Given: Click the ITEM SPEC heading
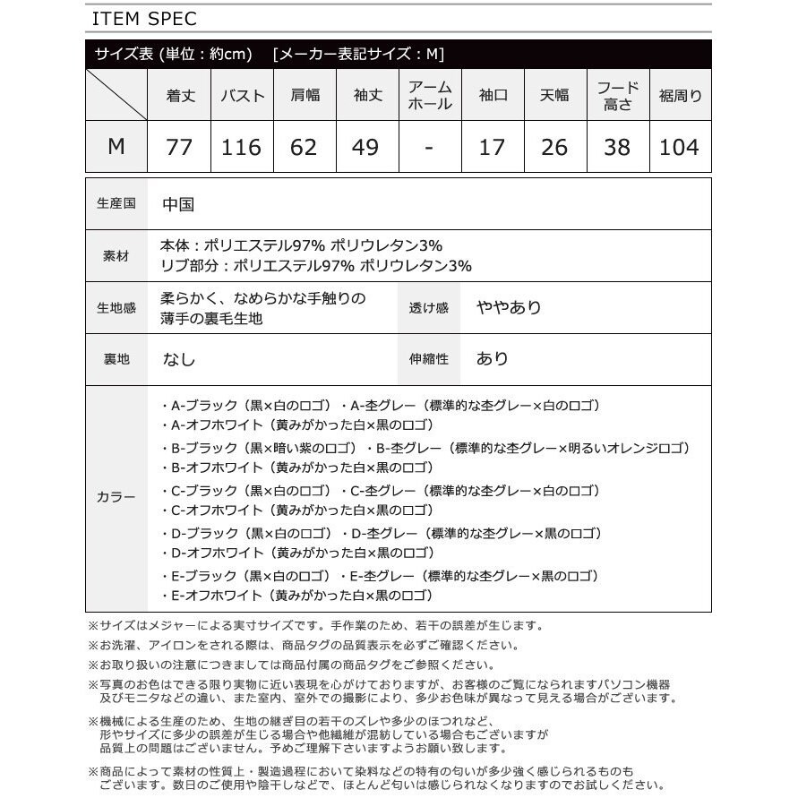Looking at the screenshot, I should coord(143,19).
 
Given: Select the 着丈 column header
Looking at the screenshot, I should coord(180,95).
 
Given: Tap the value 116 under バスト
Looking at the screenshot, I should coord(242,147).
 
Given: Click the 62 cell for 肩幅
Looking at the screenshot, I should coord(304,147).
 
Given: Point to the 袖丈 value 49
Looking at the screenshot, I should coord(365,147).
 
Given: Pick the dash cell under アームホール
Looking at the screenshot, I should coord(429,147).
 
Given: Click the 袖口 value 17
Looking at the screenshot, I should coord(492,147).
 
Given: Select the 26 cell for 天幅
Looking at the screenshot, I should coord(554,147).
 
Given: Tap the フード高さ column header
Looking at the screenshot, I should coord(617,95).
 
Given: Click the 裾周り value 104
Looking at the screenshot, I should coord(679,147).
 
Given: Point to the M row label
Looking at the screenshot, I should coord(116,147).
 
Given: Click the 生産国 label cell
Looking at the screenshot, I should coord(116,204).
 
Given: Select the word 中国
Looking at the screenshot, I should coord(178,204).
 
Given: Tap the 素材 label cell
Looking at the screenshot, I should coord(116,255).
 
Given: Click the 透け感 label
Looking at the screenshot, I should coord(428,307).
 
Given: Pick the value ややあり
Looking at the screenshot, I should coord(509,307).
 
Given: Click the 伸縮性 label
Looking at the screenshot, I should coord(428,358).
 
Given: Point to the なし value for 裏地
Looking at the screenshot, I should coord(178,358).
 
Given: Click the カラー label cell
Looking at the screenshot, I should coord(116,498).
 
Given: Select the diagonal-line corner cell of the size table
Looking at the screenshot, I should coord(116,95).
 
